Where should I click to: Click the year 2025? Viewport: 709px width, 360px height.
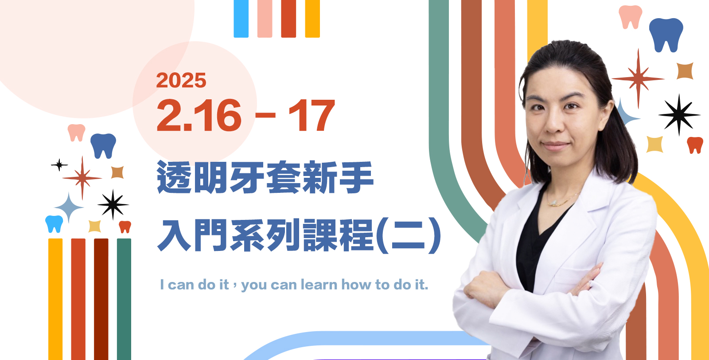click(x=181, y=80)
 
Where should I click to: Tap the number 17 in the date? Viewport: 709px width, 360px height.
click(x=312, y=115)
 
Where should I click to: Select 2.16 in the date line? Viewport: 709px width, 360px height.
click(x=199, y=115)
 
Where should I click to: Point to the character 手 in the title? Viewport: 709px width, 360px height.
click(x=356, y=177)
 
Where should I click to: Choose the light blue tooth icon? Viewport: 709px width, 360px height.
click(x=54, y=224)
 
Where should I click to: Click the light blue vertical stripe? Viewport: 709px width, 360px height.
click(x=241, y=19)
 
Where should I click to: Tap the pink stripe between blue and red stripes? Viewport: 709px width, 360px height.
click(x=265, y=19)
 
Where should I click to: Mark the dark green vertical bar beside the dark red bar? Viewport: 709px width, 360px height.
click(x=124, y=299)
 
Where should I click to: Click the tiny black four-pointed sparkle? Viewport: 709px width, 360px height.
click(x=59, y=165)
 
